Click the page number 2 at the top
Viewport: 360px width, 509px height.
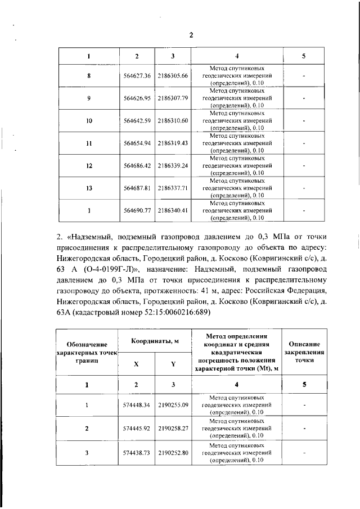191,35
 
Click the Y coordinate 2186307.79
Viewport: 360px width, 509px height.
173,98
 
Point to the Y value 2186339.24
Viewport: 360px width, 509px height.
173,166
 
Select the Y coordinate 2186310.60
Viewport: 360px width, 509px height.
173,121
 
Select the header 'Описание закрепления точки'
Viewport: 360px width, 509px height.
304,352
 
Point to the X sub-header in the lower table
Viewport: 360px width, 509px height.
136,364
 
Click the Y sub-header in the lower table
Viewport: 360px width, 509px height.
173,364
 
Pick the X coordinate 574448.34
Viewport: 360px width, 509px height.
136,405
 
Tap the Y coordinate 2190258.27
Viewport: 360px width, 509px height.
173,429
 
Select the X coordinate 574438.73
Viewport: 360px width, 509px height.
136,452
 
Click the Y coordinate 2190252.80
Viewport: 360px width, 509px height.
173,452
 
